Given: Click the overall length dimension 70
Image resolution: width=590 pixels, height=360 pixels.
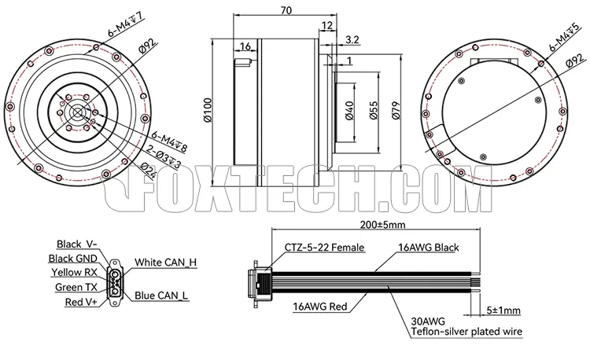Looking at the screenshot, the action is (x=286, y=10).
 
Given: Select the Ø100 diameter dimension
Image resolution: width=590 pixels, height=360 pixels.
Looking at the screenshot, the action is (x=208, y=110).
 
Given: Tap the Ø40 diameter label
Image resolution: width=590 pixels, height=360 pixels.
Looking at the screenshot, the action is (x=349, y=111).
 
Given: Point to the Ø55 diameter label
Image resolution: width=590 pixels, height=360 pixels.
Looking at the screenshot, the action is (x=373, y=110).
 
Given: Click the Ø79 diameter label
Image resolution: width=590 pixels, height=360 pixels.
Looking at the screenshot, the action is (x=396, y=111).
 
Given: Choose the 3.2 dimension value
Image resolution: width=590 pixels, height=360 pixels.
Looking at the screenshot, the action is (x=352, y=39).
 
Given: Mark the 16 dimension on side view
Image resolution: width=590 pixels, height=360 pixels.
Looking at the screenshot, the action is (x=245, y=46).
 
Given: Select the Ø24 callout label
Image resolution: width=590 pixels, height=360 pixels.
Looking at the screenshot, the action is (x=148, y=171).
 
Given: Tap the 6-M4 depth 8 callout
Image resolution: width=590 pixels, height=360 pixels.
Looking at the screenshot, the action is (x=169, y=141).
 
